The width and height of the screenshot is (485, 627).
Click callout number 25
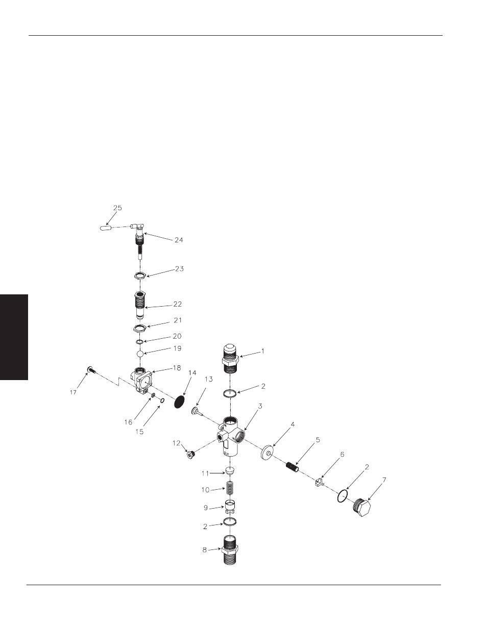tap(117, 208)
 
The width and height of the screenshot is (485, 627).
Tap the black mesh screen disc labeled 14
tap(180, 402)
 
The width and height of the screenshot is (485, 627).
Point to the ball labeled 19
tap(140, 354)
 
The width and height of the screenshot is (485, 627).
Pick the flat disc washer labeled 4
tap(267, 453)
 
